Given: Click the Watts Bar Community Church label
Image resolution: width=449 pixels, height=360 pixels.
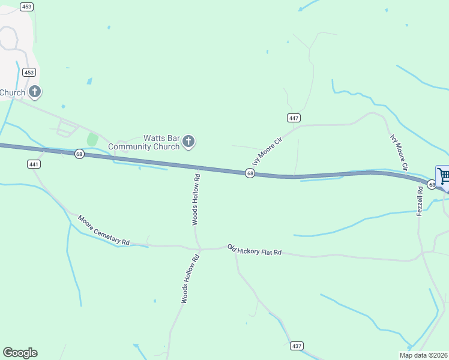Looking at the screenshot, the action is [x=144, y=142].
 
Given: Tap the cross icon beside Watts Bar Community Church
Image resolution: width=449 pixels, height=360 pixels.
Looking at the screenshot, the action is [x=188, y=142].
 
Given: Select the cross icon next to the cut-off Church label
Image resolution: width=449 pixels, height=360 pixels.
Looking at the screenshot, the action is [x=35, y=92].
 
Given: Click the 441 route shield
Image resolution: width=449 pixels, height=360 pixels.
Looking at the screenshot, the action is [x=34, y=164].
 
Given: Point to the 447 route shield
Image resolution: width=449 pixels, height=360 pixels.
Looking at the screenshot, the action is [x=294, y=118].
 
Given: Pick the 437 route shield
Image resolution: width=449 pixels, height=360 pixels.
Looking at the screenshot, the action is [x=297, y=346].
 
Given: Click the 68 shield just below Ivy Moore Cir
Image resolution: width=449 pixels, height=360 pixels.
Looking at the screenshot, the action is [x=250, y=173].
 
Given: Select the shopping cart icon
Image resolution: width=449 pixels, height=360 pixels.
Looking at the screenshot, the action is [x=444, y=176].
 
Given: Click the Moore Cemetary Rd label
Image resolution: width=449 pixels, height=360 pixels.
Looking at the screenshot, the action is [x=104, y=230].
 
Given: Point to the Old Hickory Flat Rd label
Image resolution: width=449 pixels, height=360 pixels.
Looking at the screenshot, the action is [x=255, y=250].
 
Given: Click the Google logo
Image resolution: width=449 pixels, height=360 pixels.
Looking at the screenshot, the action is [x=20, y=353].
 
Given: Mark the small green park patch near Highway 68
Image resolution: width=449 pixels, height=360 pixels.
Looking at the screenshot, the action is [x=92, y=139].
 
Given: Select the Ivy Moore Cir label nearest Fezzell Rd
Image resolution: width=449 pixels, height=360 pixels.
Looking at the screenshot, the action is [x=399, y=152].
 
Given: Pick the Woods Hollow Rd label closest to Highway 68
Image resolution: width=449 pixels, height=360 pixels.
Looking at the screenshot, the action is [x=196, y=200].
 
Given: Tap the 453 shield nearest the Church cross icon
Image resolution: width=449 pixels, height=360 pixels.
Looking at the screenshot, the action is [x=29, y=72].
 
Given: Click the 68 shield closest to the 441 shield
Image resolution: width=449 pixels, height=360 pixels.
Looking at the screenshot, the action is [x=79, y=154].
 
